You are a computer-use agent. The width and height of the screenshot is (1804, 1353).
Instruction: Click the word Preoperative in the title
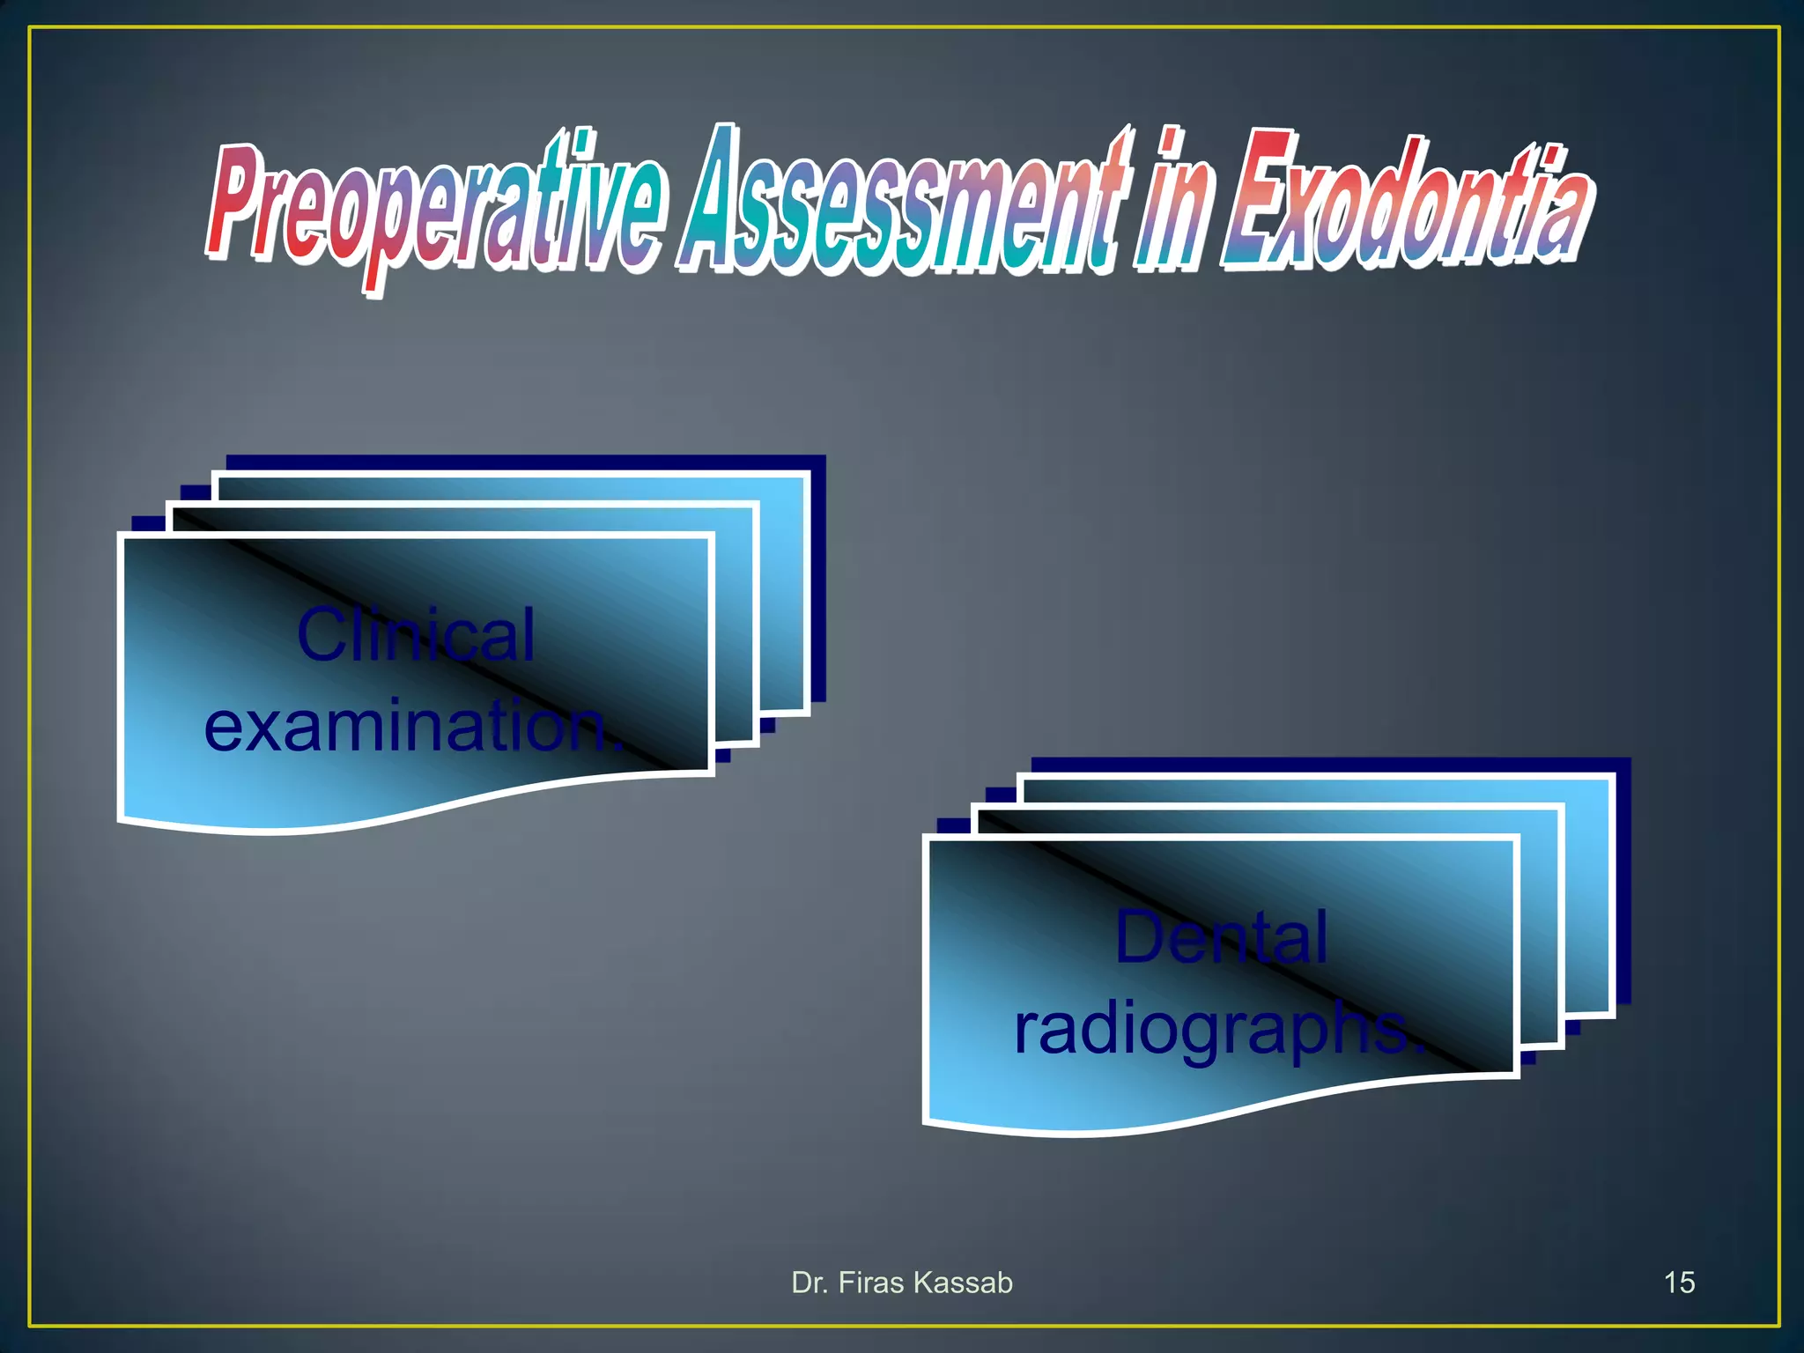coord(432,207)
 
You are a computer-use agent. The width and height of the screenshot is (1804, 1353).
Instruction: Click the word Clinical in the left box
coord(415,634)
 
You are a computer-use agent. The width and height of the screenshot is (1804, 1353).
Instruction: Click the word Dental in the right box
coord(1221,937)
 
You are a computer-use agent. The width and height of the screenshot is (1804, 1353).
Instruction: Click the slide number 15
coord(1679,1283)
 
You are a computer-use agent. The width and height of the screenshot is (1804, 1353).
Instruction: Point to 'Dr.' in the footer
coord(810,1283)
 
